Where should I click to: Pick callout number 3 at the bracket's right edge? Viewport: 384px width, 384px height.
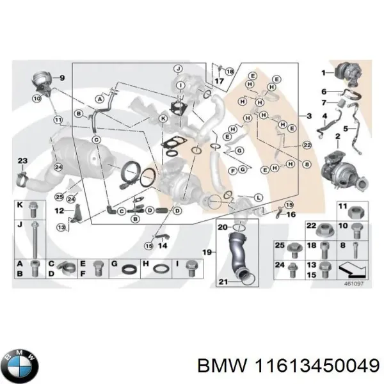click(309, 116)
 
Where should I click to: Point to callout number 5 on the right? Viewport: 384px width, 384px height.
click(354, 128)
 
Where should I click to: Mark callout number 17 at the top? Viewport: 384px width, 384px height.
click(218, 82)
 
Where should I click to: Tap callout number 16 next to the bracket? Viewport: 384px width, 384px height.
click(292, 215)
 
